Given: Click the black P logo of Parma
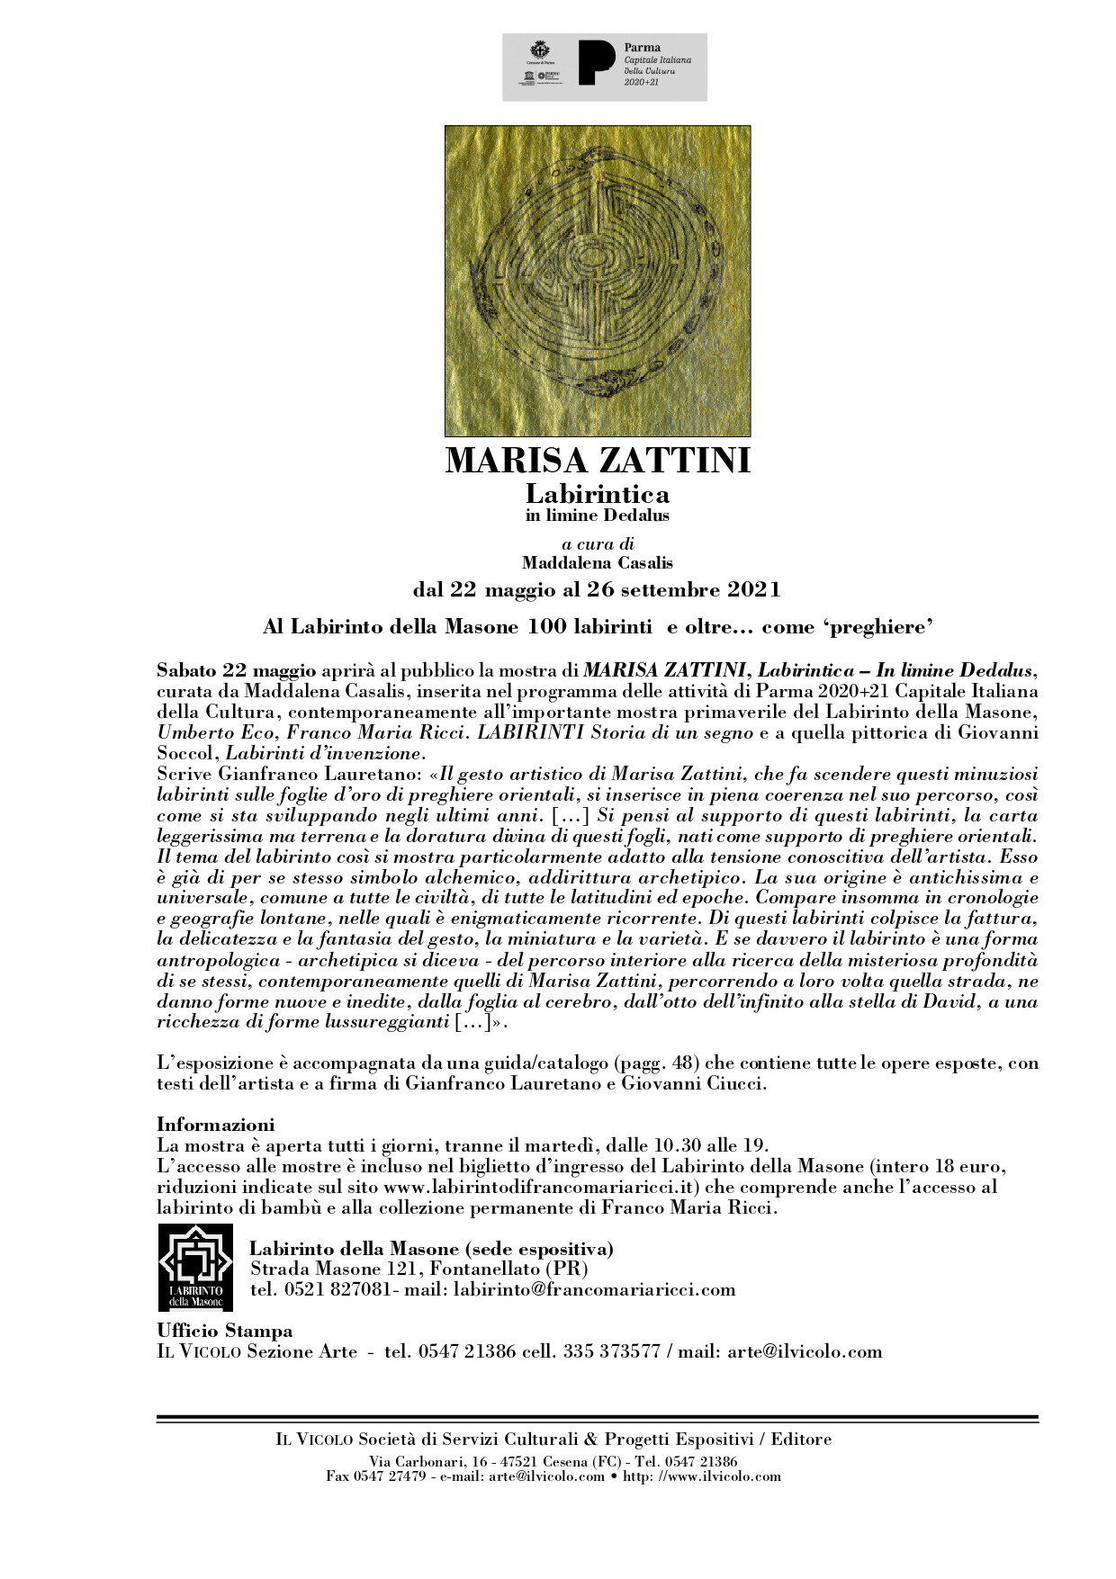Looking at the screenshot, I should [x=597, y=63].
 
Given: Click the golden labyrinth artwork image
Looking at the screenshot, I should [x=598, y=281].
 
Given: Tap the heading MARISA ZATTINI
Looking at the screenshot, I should [x=598, y=461].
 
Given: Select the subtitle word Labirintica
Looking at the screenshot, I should [x=598, y=494].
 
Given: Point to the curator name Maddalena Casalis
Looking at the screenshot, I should [x=598, y=563].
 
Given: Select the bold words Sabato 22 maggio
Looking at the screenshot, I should [x=236, y=670].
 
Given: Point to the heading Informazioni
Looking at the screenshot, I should [x=215, y=1125].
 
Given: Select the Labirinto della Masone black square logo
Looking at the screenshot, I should [x=195, y=1267].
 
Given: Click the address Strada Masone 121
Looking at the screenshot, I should [x=335, y=1269].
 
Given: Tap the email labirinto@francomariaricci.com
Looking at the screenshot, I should [x=595, y=1290].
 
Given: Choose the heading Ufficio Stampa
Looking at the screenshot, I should [x=225, y=1331].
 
